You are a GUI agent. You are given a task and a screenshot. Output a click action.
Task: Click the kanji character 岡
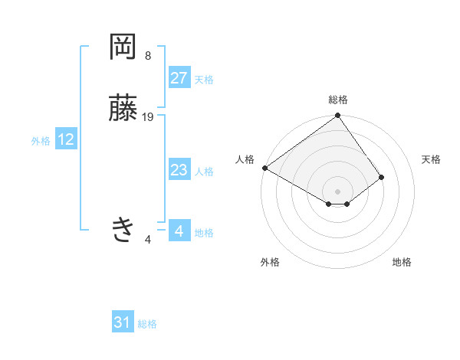[123, 47]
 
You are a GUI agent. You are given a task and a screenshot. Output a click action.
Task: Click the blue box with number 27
[179, 78]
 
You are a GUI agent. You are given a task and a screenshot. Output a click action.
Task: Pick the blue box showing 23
[179, 171]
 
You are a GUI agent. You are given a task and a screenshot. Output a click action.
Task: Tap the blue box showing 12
[66, 139]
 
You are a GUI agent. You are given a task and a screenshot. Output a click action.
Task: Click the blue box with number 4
[179, 231]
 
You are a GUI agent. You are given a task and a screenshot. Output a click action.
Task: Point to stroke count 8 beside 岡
[147, 56]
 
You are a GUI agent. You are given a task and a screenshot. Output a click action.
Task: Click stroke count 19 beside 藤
[148, 117]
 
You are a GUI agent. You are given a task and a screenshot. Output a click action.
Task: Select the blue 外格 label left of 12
[41, 141]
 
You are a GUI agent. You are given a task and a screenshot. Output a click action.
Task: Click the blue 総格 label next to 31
[147, 324]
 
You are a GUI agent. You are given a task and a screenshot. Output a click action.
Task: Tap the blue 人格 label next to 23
[204, 172]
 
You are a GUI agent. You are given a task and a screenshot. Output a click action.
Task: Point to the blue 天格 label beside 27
[204, 80]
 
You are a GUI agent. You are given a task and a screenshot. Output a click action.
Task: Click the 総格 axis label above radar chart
[338, 100]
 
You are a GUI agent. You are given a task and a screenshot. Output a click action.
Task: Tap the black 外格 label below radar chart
[270, 262]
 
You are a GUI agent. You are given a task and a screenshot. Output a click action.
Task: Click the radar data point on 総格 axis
[338, 116]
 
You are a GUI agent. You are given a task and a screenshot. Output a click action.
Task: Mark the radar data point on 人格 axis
[264, 168]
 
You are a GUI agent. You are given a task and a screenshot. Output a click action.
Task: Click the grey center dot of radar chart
[338, 191]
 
